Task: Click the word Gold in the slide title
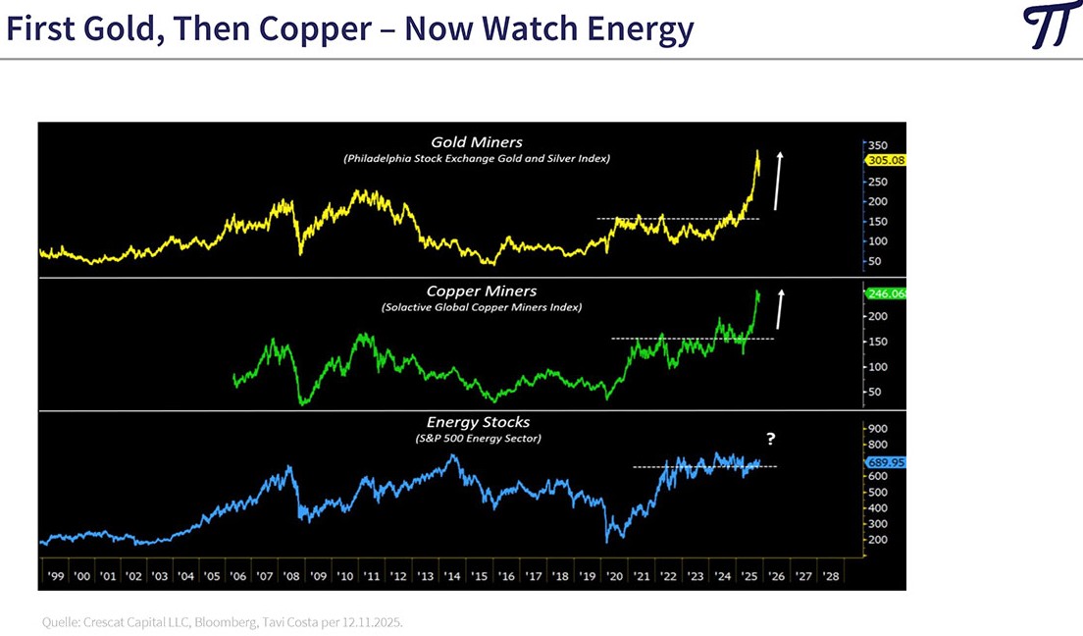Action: [103, 28]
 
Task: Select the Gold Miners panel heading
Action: [477, 142]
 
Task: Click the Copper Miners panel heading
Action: [481, 291]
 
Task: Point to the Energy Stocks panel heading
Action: [479, 423]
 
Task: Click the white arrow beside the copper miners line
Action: [780, 308]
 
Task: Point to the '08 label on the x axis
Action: [292, 576]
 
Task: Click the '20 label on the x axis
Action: [614, 576]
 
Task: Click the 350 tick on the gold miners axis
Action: [878, 144]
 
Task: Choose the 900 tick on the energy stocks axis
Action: [878, 429]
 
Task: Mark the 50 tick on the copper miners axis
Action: [875, 392]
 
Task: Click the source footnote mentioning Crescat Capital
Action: [223, 622]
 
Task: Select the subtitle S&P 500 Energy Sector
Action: [478, 438]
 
